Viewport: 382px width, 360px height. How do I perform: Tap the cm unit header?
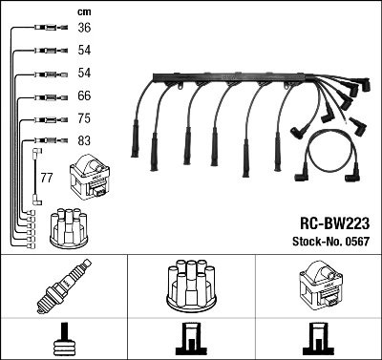pyautogui.click(x=83, y=11)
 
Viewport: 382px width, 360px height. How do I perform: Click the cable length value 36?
pyautogui.click(x=84, y=29)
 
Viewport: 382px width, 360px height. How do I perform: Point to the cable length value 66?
pyautogui.click(x=84, y=96)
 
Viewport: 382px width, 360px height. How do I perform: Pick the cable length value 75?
pyautogui.click(x=84, y=119)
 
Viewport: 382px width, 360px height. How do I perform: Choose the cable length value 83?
pyautogui.click(x=84, y=142)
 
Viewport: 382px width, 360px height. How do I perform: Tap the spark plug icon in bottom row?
pyautogui.click(x=63, y=288)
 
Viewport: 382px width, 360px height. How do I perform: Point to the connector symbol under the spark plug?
pyautogui.click(x=64, y=339)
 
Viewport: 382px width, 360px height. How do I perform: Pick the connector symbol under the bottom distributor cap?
pyautogui.click(x=190, y=339)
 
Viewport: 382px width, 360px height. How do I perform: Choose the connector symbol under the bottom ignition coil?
pyautogui.click(x=317, y=339)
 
